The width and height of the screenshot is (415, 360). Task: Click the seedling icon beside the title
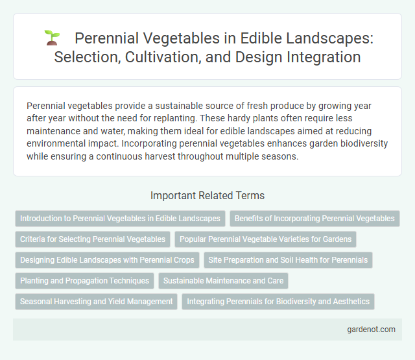[52, 38]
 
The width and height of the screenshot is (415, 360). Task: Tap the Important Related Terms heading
[207, 195]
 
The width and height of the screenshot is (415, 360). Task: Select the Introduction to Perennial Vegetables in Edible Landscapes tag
[120, 219]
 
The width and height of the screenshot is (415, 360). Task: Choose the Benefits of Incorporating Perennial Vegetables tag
[314, 219]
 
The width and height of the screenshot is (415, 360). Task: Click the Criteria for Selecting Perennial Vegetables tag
[93, 239]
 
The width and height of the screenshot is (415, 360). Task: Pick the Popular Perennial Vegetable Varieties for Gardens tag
[266, 239]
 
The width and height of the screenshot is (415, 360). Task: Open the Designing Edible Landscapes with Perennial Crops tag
[107, 260]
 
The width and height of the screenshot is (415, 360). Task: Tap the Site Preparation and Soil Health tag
[288, 260]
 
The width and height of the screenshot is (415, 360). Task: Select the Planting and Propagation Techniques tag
[84, 281]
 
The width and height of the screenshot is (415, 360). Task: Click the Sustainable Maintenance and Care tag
[224, 281]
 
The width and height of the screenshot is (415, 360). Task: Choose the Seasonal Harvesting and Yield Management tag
[97, 302]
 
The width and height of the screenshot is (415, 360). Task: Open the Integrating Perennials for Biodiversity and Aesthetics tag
[278, 302]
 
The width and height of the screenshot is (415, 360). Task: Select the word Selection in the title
[82, 57]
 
